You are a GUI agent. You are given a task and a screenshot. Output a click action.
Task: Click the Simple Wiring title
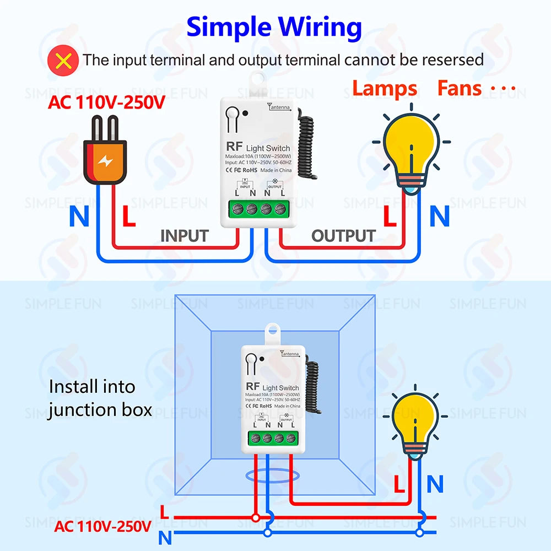pyautogui.click(x=274, y=27)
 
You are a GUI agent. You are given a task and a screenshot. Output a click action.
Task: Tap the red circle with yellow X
pyautogui.click(x=63, y=60)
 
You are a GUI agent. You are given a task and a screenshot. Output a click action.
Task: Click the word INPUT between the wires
pyautogui.click(x=184, y=236)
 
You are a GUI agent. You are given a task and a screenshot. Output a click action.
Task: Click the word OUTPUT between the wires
pyautogui.click(x=343, y=236)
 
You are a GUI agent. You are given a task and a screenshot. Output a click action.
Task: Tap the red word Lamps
pyautogui.click(x=385, y=89)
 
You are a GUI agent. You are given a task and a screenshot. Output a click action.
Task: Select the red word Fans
pyautogui.click(x=460, y=89)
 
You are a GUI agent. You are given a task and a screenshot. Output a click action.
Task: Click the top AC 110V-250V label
pyautogui.click(x=106, y=102)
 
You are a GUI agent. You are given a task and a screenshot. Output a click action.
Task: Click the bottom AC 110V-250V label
pyautogui.click(x=102, y=526)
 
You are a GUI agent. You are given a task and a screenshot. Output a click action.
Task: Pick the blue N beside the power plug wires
pyautogui.click(x=79, y=217)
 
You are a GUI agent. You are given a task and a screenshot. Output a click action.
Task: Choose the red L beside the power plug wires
pyautogui.click(x=128, y=217)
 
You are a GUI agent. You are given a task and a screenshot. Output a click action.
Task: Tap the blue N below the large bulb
pyautogui.click(x=439, y=217)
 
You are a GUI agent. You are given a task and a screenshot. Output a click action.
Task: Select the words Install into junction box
pyautogui.click(x=99, y=398)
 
